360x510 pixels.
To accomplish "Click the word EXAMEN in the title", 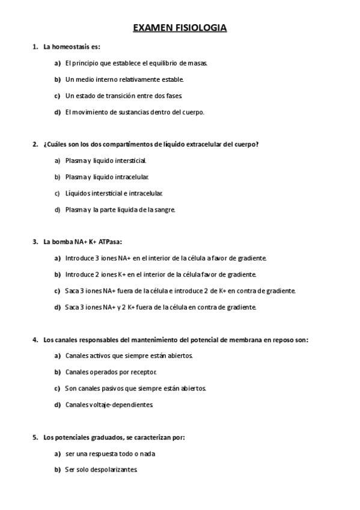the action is coord(151,28).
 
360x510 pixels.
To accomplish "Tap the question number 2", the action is coord(35,144).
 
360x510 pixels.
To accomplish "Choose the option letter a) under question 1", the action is coord(58,63).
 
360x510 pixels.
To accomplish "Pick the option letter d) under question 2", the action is coord(58,209).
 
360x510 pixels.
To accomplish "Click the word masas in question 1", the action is coord(198,63).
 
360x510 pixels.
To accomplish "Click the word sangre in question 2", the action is coord(163,209).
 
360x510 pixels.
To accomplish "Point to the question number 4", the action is coord(35,340).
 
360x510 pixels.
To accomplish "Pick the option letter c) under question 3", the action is coord(58,290).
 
